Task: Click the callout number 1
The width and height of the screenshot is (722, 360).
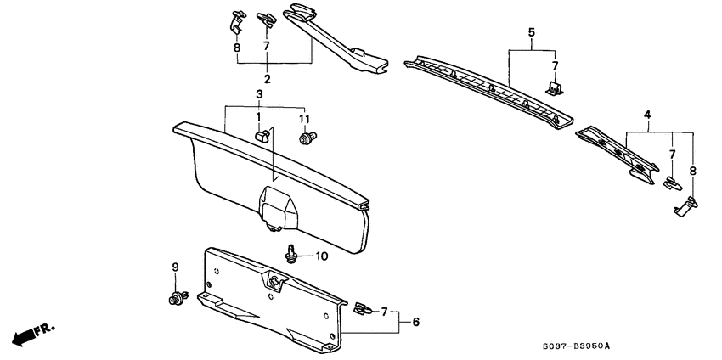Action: [258, 117]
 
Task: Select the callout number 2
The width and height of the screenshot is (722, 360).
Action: [267, 79]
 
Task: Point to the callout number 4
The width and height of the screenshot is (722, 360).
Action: [647, 115]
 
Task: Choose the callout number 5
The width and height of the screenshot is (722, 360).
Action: [531, 34]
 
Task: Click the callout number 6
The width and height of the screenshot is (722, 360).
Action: [415, 322]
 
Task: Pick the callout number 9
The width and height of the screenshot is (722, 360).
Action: [176, 267]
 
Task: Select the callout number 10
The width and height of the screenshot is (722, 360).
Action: [321, 256]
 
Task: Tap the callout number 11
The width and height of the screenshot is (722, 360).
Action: [304, 118]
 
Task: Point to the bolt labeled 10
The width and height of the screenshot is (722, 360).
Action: [293, 253]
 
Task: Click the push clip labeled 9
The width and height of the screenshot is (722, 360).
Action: [177, 297]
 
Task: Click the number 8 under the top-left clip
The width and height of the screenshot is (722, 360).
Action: [237, 48]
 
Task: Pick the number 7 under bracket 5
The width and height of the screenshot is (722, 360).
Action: [555, 65]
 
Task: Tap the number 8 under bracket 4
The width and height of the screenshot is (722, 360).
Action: [693, 171]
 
